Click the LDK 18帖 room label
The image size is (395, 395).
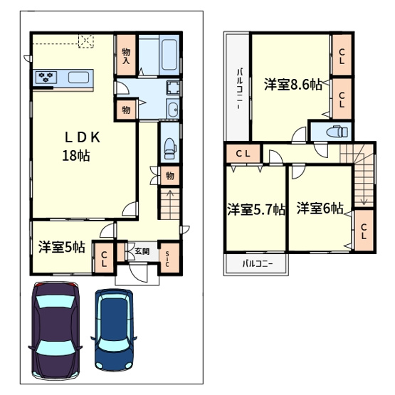point(81,146)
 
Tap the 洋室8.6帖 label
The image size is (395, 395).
point(293,85)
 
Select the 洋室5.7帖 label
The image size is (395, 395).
point(256,209)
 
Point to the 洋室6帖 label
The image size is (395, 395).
point(320,209)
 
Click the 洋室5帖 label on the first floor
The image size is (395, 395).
point(62,247)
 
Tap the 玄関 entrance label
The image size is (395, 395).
point(142,251)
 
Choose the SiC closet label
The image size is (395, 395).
point(167,259)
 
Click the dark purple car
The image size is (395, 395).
point(56,330)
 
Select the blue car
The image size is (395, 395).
point(114,330)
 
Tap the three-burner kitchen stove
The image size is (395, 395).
point(46,77)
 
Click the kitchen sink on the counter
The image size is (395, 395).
point(78,77)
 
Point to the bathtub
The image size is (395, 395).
point(169,55)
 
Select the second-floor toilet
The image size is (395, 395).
point(337,131)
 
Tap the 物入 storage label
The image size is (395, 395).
point(126,56)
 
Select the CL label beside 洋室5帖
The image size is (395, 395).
point(104,259)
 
